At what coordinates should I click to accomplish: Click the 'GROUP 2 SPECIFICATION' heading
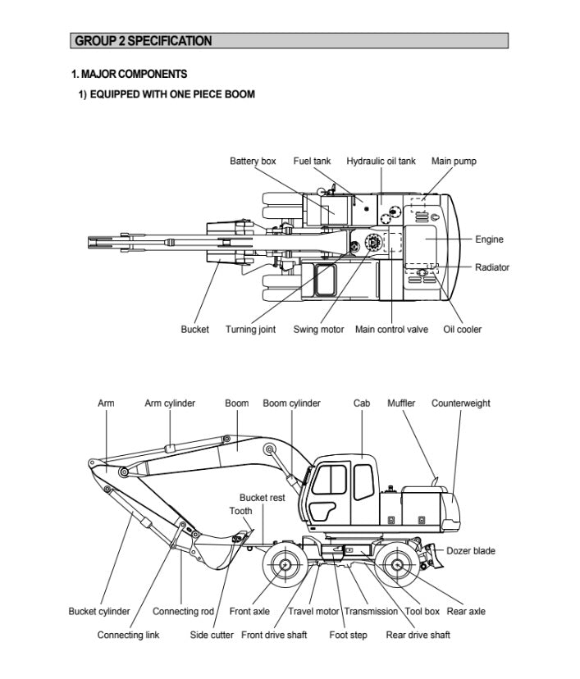(x=144, y=41)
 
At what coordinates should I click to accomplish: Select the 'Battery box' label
(x=253, y=161)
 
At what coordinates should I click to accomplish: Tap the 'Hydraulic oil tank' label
(x=381, y=161)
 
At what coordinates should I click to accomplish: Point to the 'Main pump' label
(x=454, y=161)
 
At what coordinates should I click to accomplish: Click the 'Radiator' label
(x=492, y=267)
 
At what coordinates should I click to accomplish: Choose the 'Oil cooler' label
(x=463, y=330)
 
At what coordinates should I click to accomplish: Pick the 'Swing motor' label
(x=318, y=330)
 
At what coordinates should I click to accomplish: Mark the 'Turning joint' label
(x=250, y=330)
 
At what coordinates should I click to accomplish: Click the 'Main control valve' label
(x=391, y=330)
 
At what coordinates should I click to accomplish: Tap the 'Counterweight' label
(x=460, y=403)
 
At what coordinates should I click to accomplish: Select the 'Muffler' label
(x=401, y=403)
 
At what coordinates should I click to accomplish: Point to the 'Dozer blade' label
(x=471, y=550)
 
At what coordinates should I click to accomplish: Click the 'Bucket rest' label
(x=263, y=497)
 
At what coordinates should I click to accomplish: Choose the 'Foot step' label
(x=348, y=635)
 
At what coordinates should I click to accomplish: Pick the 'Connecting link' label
(x=128, y=635)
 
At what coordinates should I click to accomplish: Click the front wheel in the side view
(x=285, y=565)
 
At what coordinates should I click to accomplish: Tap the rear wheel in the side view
(x=398, y=565)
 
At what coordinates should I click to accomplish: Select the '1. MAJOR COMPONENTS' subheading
(x=129, y=74)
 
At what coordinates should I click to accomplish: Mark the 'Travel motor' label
(x=313, y=611)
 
